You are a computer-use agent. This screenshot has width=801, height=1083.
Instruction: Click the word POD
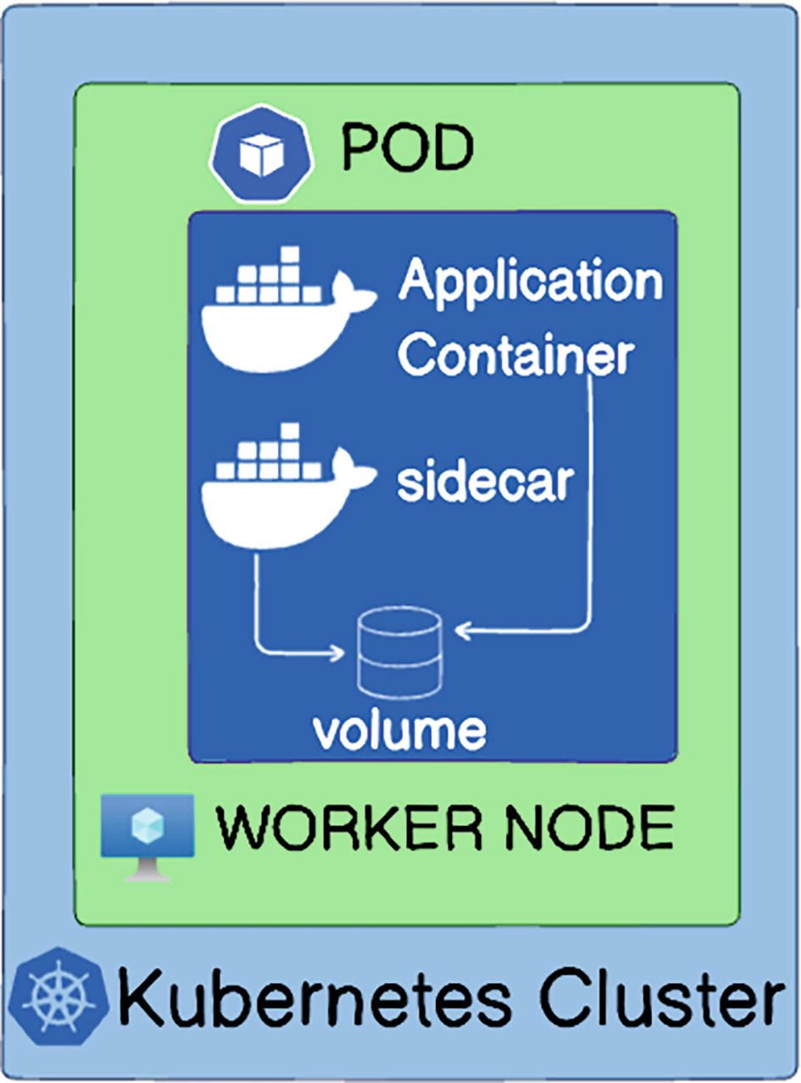407,151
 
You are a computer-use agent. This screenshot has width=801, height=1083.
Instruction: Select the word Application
531,283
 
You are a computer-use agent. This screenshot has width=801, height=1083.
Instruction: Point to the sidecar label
486,483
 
